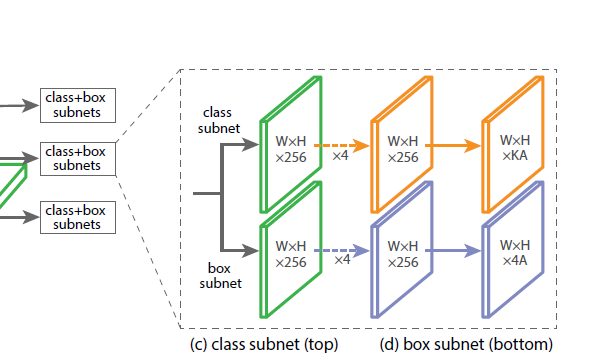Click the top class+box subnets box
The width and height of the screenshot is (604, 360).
point(75,104)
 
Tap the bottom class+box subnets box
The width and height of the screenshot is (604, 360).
point(75,217)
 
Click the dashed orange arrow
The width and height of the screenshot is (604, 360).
point(340,145)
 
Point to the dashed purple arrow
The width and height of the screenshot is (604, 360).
point(340,249)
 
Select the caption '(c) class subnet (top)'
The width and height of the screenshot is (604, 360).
point(263,345)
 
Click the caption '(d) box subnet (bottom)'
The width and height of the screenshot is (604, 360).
point(466,345)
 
